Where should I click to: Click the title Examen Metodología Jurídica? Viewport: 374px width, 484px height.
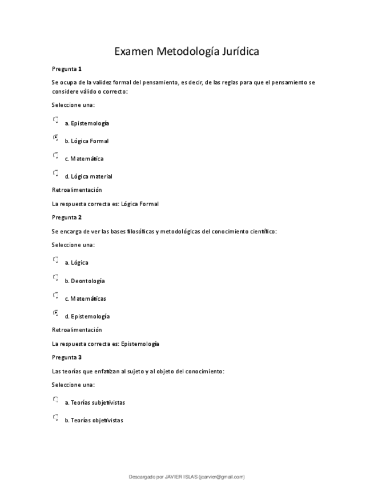(x=187, y=51)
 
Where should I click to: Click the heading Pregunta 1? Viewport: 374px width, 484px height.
(x=67, y=68)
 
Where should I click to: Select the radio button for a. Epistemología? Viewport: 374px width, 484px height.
(x=55, y=120)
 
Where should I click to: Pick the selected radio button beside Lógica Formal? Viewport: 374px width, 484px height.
(x=55, y=138)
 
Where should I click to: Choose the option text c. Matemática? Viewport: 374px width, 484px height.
(x=84, y=159)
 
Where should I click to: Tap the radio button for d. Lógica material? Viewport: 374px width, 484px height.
(x=55, y=173)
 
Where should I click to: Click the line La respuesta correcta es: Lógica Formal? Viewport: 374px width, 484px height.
(x=105, y=204)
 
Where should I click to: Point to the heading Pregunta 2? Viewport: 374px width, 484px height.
(x=67, y=217)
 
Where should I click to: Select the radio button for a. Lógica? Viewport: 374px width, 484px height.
(x=55, y=260)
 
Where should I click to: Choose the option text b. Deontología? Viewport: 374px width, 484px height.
(x=85, y=281)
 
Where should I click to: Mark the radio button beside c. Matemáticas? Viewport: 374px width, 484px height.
(x=55, y=295)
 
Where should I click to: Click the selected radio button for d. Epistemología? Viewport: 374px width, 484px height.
(x=55, y=313)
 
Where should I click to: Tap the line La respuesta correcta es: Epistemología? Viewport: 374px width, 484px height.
(x=106, y=344)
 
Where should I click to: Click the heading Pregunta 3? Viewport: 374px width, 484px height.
(x=67, y=357)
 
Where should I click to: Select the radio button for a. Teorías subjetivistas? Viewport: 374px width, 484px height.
(x=55, y=400)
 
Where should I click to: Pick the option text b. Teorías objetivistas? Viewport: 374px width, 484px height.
(x=94, y=421)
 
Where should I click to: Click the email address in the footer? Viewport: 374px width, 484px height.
(x=222, y=477)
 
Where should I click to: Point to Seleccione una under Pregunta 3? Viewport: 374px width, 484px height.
(x=73, y=385)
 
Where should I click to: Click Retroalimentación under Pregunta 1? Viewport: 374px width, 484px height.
(x=77, y=189)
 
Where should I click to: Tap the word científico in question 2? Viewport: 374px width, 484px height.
(x=262, y=231)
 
